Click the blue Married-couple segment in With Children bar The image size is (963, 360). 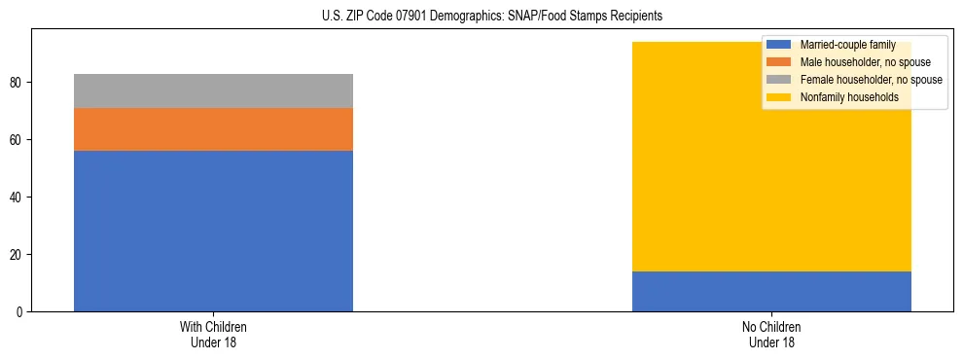[x=213, y=231]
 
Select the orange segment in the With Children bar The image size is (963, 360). [x=213, y=129]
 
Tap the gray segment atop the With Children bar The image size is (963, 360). [x=213, y=90]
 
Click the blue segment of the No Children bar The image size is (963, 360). [x=771, y=291]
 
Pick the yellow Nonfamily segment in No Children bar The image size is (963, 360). [x=681, y=157]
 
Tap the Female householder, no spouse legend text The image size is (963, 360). [x=871, y=80]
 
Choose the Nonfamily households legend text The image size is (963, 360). [x=849, y=97]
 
